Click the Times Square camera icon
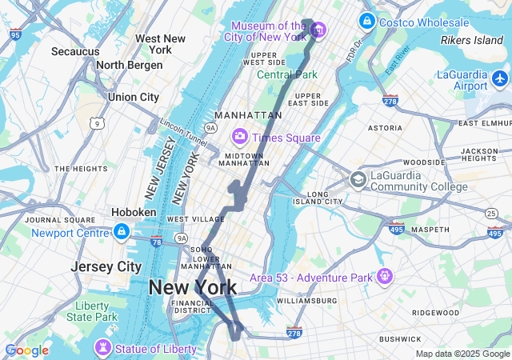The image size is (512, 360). point(239,137)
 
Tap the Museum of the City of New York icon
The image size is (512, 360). point(318,30)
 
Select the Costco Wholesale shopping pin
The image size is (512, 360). point(367,21)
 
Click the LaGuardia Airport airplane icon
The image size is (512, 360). point(501,78)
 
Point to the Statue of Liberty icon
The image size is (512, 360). point(102,348)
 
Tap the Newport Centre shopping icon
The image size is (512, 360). point(122,232)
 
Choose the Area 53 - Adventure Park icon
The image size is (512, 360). point(386,276)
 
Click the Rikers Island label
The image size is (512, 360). point(471,40)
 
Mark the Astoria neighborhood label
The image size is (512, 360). point(385,127)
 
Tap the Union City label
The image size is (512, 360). point(134,97)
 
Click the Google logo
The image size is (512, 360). point(26,350)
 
